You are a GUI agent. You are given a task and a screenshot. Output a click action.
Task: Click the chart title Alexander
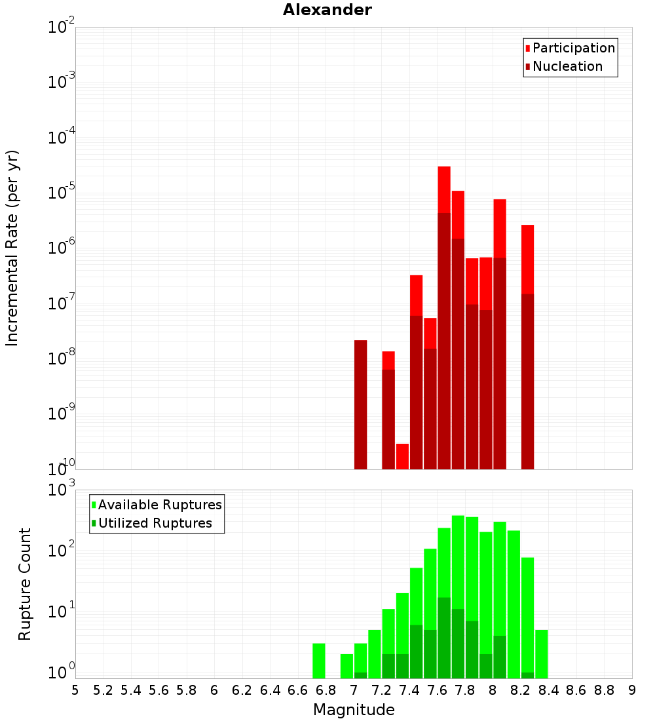(x=327, y=10)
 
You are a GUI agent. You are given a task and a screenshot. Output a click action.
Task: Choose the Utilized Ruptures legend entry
(x=155, y=523)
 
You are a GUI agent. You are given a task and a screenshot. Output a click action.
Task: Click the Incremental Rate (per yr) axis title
(x=12, y=248)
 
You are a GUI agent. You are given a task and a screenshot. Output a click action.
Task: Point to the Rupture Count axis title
(x=25, y=584)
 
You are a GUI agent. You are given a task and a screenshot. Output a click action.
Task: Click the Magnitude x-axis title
(x=354, y=710)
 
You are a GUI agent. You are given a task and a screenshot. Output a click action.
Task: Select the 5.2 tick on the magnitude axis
(x=103, y=690)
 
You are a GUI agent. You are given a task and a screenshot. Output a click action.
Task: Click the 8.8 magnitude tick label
(x=604, y=690)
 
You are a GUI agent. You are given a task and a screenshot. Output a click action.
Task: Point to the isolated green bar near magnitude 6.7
(x=319, y=661)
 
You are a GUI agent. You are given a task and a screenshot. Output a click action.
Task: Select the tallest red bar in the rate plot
(x=444, y=190)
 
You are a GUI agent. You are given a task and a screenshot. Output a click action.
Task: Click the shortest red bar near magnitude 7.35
(x=402, y=456)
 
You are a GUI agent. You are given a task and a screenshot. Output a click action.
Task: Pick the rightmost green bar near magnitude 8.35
(x=542, y=653)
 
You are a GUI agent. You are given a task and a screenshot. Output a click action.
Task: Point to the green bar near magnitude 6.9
(x=346, y=665)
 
